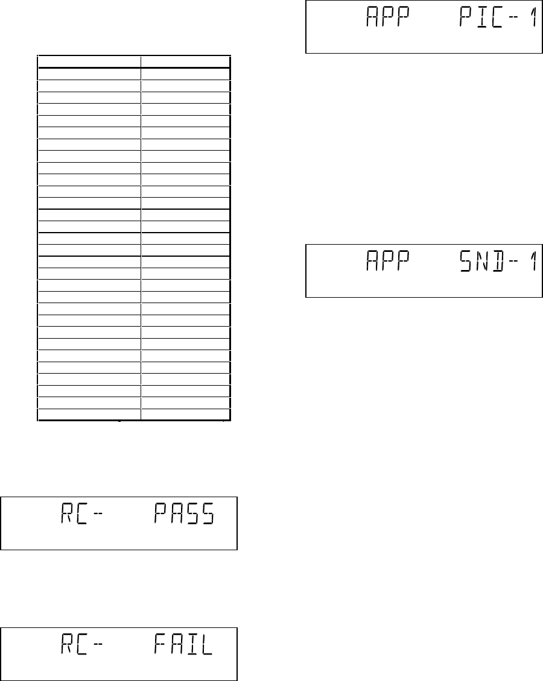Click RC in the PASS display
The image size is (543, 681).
pos(74,514)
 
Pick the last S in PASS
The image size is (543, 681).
pos(208,514)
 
